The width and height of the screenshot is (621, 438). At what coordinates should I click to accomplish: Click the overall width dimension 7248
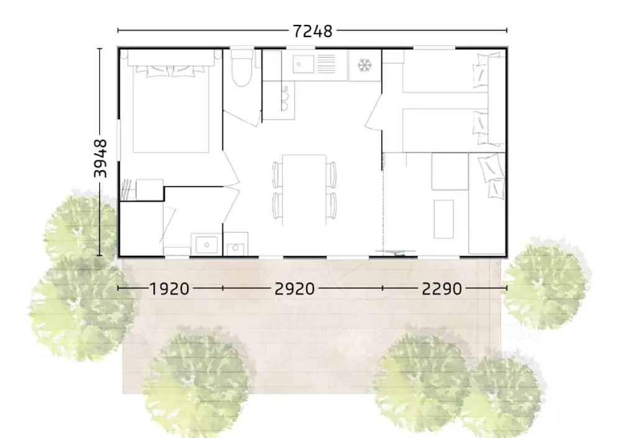tap(312, 31)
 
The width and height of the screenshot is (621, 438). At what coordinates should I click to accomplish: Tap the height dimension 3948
tap(101, 158)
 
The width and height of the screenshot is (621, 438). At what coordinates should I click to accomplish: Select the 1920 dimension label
tap(169, 289)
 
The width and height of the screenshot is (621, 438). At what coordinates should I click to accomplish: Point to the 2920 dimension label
tap(294, 289)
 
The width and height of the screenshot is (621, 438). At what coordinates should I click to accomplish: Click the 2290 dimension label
tap(442, 289)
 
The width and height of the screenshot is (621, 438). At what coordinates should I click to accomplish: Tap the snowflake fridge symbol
tap(364, 65)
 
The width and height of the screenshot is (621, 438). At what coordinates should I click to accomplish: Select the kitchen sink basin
tap(304, 64)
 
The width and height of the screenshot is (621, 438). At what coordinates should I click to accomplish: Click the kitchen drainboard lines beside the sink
tap(326, 64)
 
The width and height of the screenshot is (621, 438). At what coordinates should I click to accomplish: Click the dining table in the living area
tap(304, 189)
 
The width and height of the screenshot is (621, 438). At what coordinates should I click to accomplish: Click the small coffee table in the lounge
tap(443, 219)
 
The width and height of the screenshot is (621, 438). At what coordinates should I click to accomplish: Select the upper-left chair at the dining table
tap(276, 174)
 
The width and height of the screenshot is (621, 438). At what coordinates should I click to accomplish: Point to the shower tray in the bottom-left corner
tap(142, 229)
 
